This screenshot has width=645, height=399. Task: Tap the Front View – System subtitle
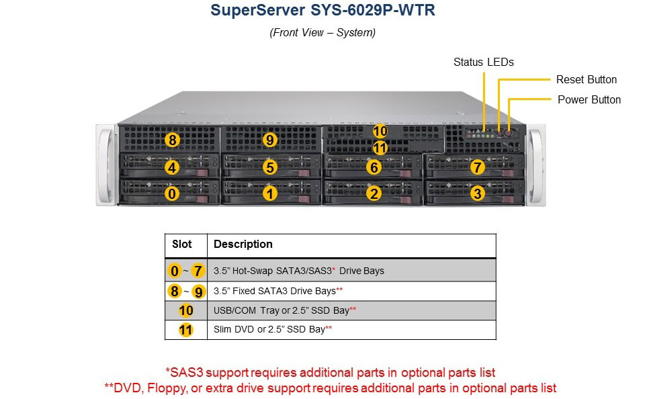[x=322, y=32]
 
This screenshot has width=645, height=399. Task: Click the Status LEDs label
[x=483, y=62]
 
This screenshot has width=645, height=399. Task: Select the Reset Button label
[x=586, y=79]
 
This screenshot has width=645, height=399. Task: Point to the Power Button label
[x=589, y=99]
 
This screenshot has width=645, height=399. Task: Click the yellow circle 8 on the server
[x=173, y=140]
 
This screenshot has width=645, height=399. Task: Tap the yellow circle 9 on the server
[x=269, y=140]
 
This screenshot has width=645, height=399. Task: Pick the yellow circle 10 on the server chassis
[x=380, y=131]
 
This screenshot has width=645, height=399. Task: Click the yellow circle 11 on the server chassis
[x=380, y=148]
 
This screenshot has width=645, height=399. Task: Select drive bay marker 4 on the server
[x=173, y=167]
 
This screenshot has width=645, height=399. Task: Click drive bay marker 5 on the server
[x=269, y=167]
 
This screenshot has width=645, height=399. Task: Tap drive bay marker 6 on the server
[x=374, y=167]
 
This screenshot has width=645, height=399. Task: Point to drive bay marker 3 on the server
[x=477, y=193]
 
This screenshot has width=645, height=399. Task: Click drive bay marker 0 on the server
[x=173, y=193]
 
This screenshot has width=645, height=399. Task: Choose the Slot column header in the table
[x=182, y=245]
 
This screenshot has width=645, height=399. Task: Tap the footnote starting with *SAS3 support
[x=330, y=371]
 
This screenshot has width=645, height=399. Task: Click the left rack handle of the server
[x=105, y=164]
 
